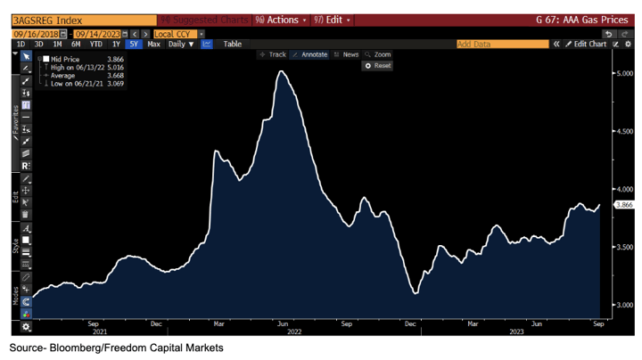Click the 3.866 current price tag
[x=623, y=205]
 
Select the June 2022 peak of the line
[x=282, y=71]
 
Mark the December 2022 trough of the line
[x=415, y=293]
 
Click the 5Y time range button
[x=134, y=44]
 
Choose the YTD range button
[x=95, y=44]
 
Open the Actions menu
[x=280, y=20]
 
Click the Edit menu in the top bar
[x=333, y=20]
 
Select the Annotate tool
[x=310, y=54]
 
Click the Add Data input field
[x=501, y=44]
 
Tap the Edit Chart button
[x=586, y=44]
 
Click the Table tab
[x=232, y=44]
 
